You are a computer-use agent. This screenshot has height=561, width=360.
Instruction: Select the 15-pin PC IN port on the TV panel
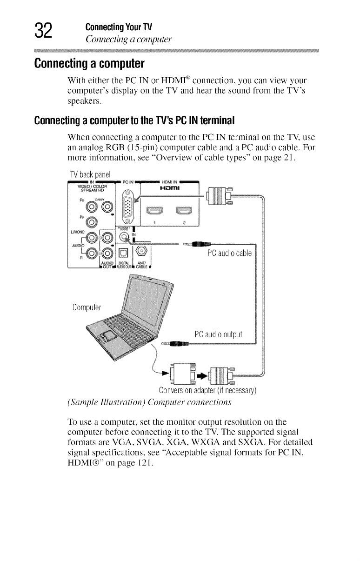coord(130,208)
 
